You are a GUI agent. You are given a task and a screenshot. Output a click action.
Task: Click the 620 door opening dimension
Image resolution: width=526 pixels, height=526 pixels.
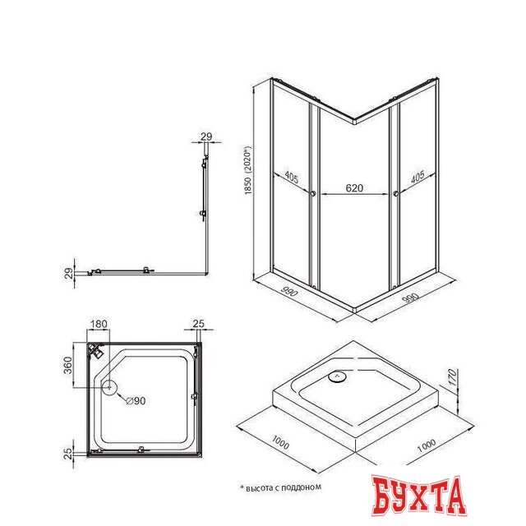(354, 188)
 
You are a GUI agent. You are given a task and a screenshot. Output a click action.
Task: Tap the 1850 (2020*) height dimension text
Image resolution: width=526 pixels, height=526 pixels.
(248, 170)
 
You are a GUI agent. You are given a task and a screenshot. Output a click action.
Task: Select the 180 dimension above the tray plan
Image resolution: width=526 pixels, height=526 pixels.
(99, 324)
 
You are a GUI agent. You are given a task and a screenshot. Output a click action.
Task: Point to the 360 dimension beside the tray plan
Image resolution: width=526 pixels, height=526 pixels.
(67, 365)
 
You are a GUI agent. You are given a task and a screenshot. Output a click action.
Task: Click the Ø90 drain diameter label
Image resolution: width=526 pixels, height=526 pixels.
(136, 400)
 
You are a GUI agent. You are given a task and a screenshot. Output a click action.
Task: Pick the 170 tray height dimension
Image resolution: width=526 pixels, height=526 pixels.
(453, 376)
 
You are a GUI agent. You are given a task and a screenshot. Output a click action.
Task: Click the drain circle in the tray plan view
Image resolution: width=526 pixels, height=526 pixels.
(109, 387)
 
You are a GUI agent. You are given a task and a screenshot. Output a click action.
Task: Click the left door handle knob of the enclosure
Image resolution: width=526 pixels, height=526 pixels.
(313, 194)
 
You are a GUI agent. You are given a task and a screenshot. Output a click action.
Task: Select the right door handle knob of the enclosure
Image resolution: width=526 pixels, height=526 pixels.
(396, 194)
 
